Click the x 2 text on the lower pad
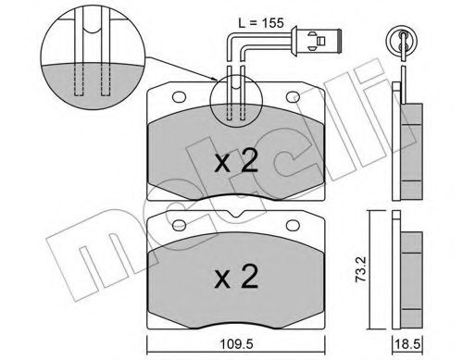(235, 276)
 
